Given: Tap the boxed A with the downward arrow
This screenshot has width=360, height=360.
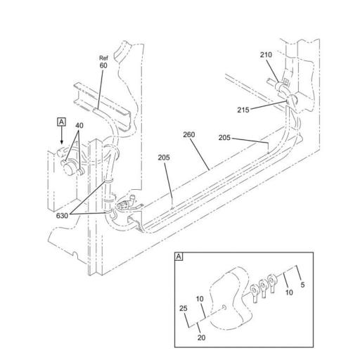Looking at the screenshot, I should pyautogui.click(x=62, y=122).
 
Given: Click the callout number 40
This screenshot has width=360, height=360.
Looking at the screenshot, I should pyautogui.click(x=79, y=126).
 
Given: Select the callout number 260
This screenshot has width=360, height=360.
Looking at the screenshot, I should pyautogui.click(x=188, y=134).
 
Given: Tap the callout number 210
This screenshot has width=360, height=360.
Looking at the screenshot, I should pyautogui.click(x=266, y=54).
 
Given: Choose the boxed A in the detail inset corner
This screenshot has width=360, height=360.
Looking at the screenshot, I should pyautogui.click(x=179, y=258).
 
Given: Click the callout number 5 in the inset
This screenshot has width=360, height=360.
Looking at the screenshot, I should pyautogui.click(x=302, y=285).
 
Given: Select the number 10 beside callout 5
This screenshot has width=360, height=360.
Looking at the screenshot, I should pyautogui.click(x=289, y=293).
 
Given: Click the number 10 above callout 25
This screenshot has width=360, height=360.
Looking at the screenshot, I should pyautogui.click(x=199, y=299).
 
